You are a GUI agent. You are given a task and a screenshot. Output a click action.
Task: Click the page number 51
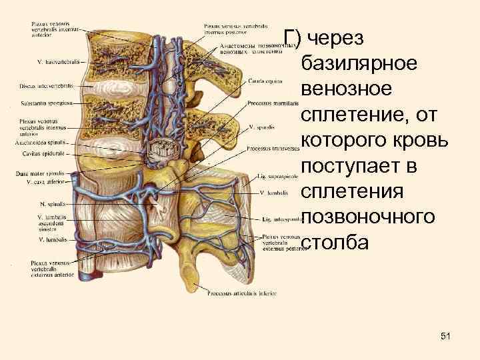(x=446, y=337)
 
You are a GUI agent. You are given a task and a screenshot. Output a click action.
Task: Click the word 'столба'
(x=334, y=242)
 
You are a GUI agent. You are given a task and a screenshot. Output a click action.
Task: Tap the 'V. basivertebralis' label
(x=57, y=62)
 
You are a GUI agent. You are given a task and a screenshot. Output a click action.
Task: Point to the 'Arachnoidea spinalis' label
(x=39, y=143)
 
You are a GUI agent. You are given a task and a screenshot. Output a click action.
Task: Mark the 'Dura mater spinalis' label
(x=39, y=173)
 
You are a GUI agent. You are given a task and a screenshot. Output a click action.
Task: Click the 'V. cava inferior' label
(x=43, y=181)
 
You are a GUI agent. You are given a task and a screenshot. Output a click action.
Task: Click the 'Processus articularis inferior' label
(x=243, y=293)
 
